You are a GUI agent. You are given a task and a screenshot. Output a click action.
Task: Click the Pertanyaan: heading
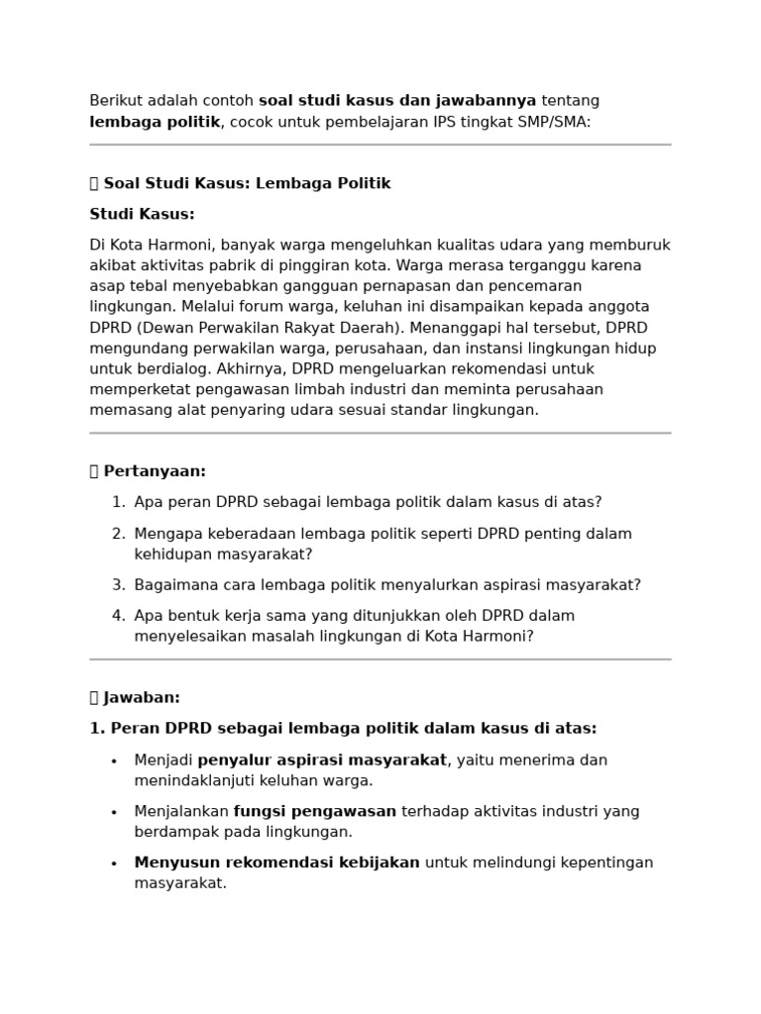tap(155, 471)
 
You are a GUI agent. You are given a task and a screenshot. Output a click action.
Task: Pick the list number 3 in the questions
tap(118, 585)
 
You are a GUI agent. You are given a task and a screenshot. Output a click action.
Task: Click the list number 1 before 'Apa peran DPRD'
tap(118, 502)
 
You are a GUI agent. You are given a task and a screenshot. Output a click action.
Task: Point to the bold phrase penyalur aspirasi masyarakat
tap(322, 760)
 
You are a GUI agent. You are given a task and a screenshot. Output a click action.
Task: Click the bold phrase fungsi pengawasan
tap(314, 811)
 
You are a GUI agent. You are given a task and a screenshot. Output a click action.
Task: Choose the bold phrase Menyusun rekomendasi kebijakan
tap(277, 862)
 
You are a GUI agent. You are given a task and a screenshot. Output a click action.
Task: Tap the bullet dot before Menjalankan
tap(114, 812)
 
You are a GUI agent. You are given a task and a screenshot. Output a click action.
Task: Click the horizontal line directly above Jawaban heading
tap(380, 659)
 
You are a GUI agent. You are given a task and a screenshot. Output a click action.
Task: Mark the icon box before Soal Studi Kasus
tap(95, 183)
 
